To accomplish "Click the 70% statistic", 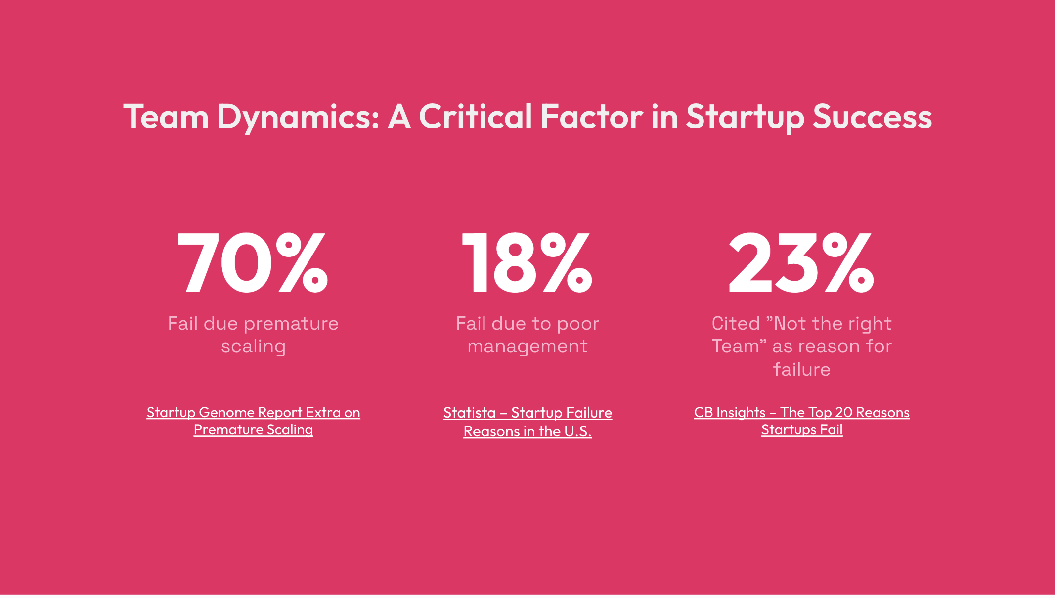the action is pos(253,263).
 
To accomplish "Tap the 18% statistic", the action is pos(527,263).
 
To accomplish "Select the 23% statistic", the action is pos(801,263).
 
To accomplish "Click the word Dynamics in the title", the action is pos(298,118).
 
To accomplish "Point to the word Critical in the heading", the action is pos(475,117).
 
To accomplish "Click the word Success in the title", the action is pos(872,117).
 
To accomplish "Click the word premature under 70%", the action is pos(291,324).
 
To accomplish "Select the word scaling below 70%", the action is pos(253,347).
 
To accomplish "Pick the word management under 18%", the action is pos(527,347).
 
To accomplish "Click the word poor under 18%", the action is pos(578,324).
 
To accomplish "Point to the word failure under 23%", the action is pos(801,369).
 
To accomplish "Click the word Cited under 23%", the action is pos(736,323).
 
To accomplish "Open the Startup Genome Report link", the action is pos(253,421).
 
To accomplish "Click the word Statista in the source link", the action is pos(469,412).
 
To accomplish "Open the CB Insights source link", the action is pos(801,421).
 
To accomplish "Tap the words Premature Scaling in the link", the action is pos(253,430).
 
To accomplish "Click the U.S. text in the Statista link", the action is pos(578,431).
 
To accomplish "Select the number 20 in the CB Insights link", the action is pos(843,412).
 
